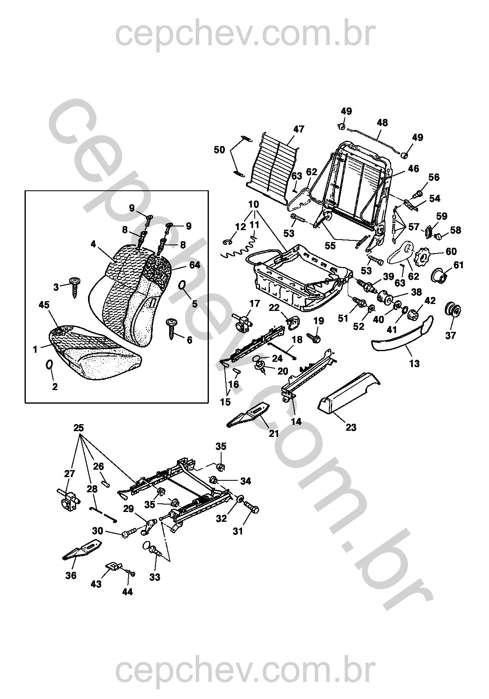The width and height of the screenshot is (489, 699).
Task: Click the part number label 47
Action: pyautogui.click(x=299, y=129)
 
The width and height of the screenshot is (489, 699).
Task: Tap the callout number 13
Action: pyautogui.click(x=414, y=363)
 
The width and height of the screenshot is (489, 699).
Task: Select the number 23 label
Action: pyautogui.click(x=351, y=427)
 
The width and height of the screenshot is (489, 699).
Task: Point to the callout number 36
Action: pyautogui.click(x=71, y=576)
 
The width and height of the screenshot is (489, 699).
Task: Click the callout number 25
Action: pyautogui.click(x=79, y=427)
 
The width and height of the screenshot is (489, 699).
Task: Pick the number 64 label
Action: pyautogui.click(x=195, y=265)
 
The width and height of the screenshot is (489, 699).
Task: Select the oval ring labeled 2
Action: pyautogui.click(x=50, y=365)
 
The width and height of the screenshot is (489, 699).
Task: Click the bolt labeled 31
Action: pyautogui.click(x=252, y=510)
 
